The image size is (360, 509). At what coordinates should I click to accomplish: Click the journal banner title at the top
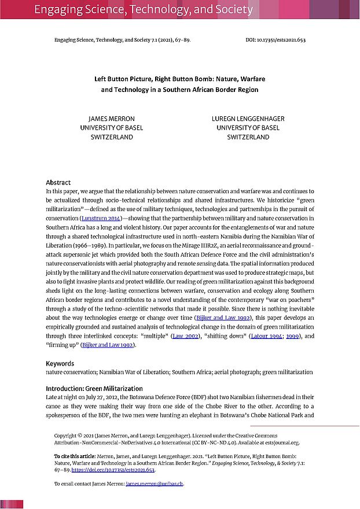point(144,10)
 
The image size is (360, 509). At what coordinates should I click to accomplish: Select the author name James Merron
point(111,119)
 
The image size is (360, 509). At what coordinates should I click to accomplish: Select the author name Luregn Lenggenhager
point(248,119)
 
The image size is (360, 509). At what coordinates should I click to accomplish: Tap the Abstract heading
point(58,182)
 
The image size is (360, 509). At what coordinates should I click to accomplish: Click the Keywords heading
point(60,363)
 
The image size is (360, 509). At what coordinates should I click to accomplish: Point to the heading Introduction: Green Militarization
point(94,388)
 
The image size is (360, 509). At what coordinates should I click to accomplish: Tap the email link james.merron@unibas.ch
point(155,484)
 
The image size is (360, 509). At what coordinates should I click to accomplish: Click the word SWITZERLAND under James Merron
point(111,137)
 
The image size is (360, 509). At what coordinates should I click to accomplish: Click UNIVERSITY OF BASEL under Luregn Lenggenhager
point(248,128)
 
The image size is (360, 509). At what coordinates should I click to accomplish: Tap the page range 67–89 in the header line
point(181,40)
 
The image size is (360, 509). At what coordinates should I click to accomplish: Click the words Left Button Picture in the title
point(124,79)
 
